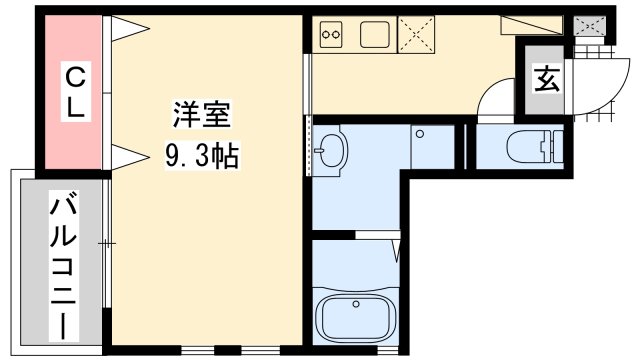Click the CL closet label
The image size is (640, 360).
(76, 91)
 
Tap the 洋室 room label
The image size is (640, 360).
(202, 115)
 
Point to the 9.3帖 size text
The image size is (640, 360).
(202, 156)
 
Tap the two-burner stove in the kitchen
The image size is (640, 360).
(331, 34)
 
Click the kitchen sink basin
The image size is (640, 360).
(375, 34)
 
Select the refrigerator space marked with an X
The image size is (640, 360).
(416, 35)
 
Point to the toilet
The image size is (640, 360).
(535, 146)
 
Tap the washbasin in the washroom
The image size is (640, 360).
(330, 150)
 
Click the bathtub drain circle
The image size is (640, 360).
(356, 304)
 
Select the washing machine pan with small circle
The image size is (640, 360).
(432, 147)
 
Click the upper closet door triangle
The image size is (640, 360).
(130, 29)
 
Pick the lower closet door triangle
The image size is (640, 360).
(130, 157)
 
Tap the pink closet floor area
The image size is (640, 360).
(73, 92)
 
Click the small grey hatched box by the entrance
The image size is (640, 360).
(589, 26)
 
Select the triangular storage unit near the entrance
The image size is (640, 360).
(532, 25)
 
